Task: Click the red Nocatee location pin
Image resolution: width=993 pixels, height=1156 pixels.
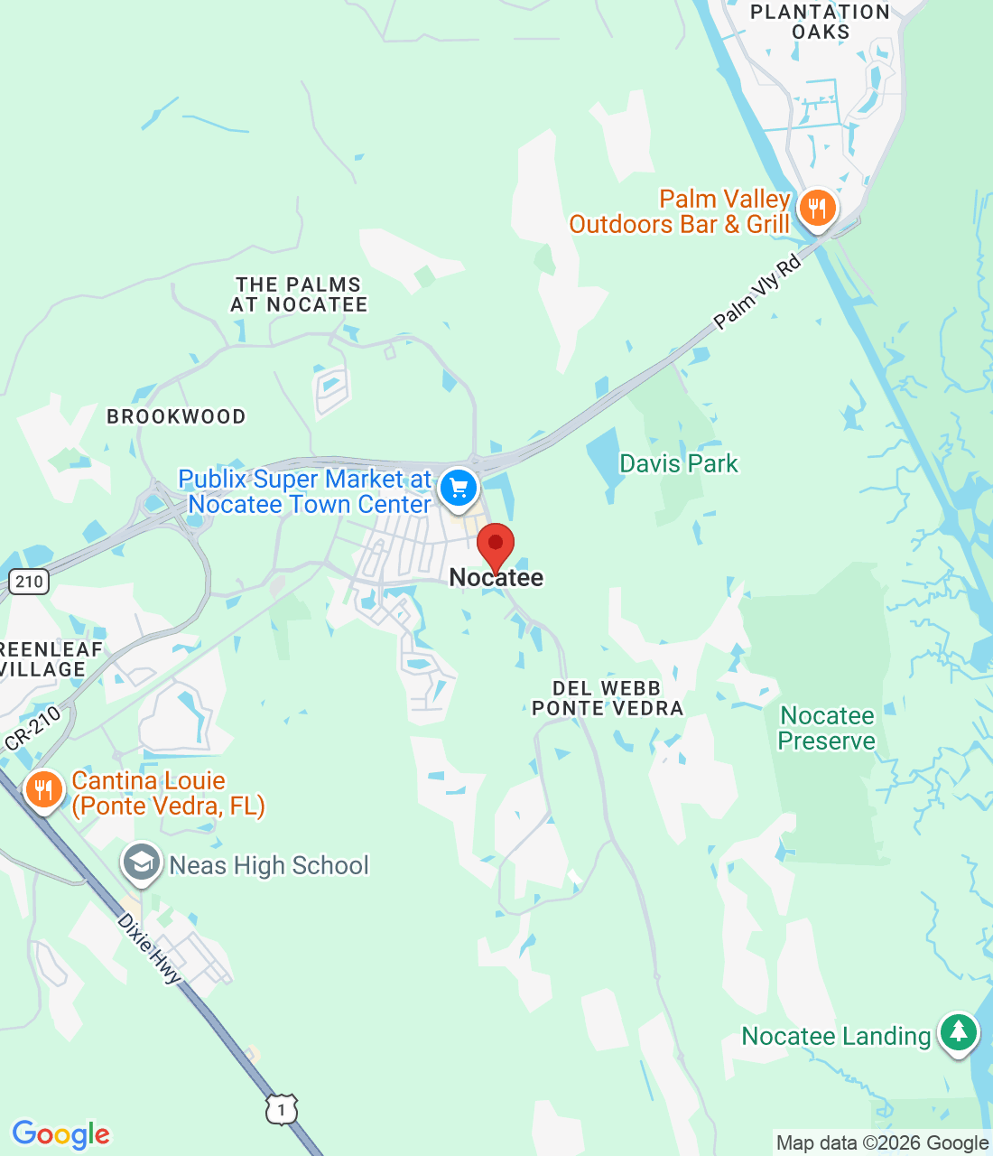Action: pos(496,545)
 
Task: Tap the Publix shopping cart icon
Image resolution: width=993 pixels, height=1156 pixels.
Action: pos(459,489)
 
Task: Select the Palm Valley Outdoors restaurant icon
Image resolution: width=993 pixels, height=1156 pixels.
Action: pos(817,210)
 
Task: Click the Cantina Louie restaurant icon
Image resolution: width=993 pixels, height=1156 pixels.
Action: pos(42,790)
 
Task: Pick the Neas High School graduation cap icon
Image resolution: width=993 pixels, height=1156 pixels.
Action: pos(142,863)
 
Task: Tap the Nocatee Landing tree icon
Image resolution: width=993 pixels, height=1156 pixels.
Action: pos(958,1031)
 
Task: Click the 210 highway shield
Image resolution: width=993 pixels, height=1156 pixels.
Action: pos(28,581)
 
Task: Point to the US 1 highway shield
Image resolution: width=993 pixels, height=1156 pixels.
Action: pos(282,1109)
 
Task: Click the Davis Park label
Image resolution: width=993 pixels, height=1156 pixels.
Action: pos(679,464)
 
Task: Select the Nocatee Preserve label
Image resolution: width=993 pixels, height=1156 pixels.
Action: pos(827,729)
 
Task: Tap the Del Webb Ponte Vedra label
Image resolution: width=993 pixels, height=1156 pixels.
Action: pos(607,699)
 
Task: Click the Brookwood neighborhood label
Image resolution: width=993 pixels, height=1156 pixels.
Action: pos(176,416)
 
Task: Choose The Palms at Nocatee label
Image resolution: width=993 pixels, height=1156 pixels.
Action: pos(299,295)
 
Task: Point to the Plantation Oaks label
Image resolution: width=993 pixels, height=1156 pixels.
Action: pos(820,22)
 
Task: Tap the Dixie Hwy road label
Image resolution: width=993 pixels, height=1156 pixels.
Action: pos(150,947)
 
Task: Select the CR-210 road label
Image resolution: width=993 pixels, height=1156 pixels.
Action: pos(33,728)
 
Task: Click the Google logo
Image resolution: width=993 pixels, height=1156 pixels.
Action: pos(61,1134)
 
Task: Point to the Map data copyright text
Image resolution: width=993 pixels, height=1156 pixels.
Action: pos(882,1143)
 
